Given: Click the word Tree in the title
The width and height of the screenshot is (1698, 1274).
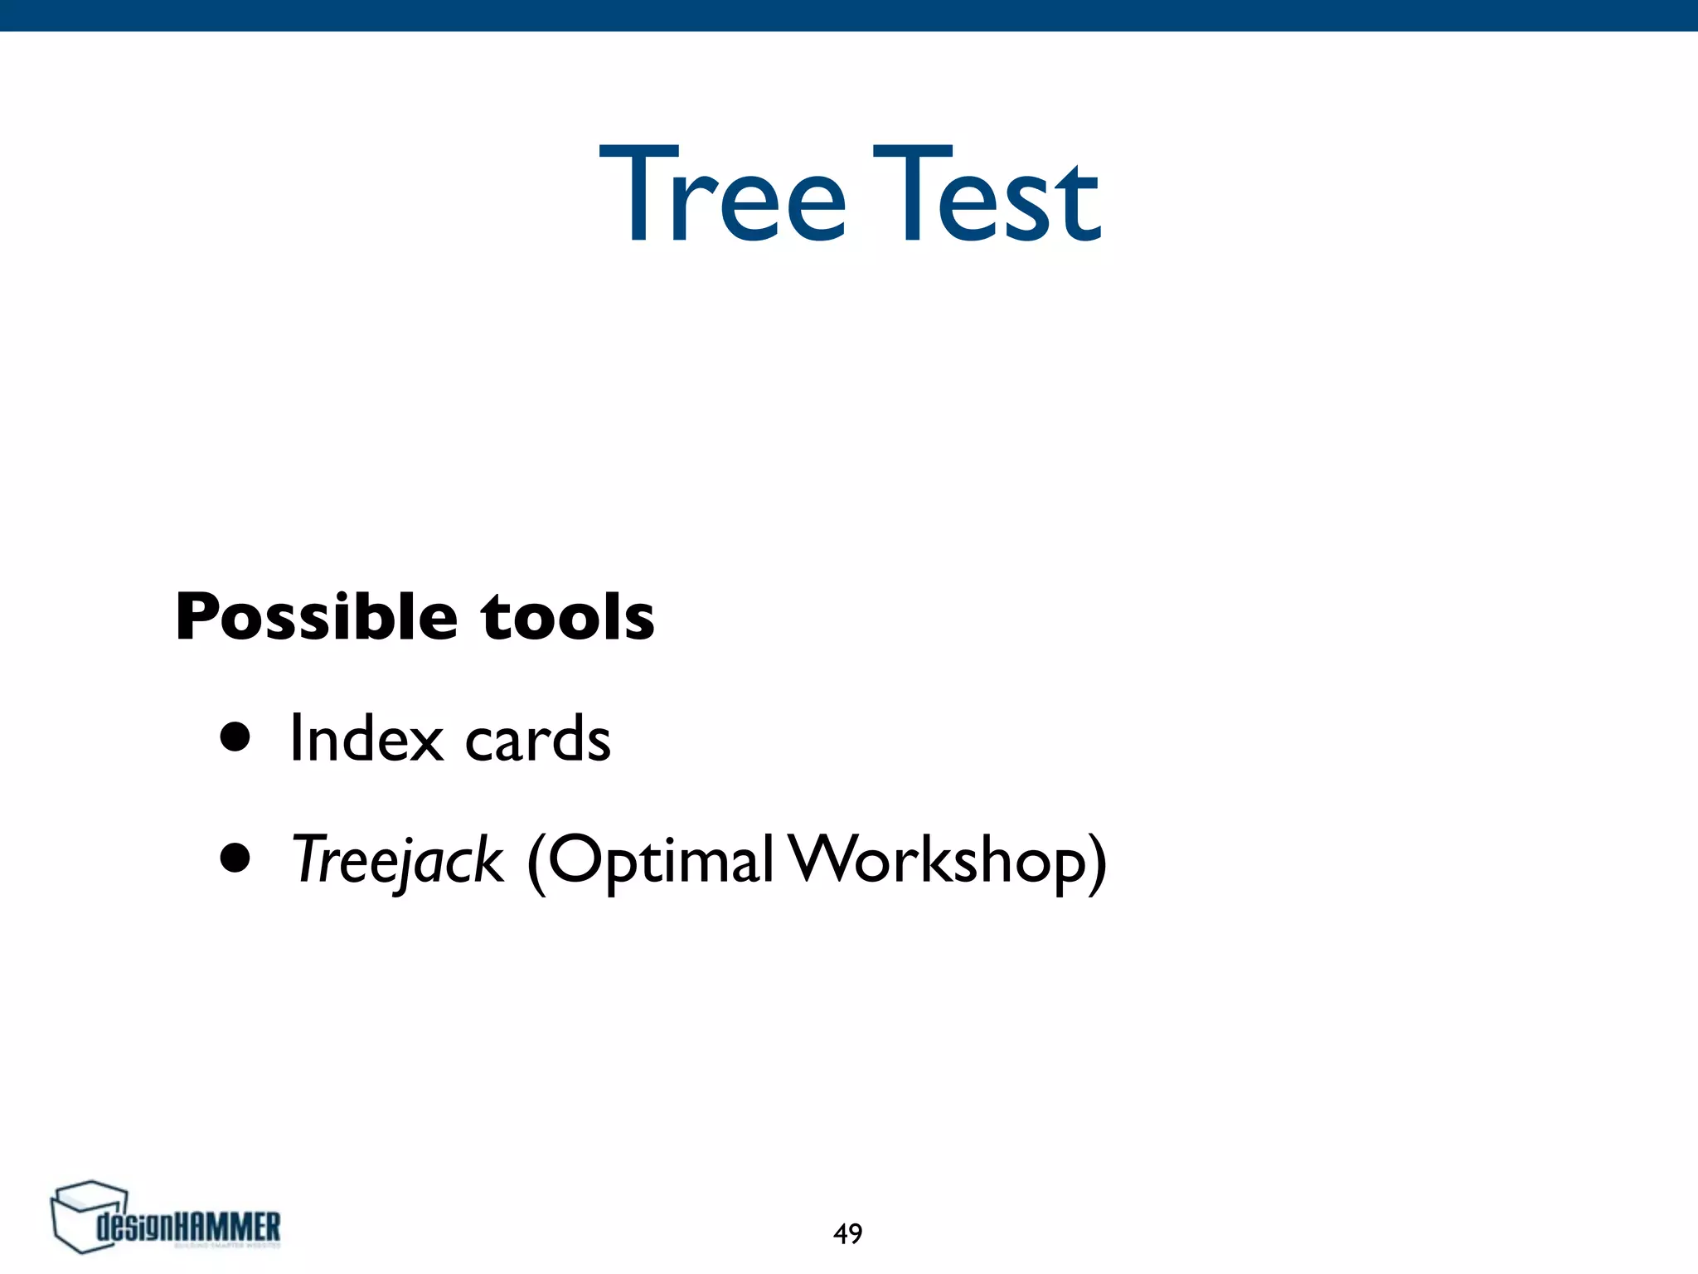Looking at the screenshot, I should [x=721, y=195].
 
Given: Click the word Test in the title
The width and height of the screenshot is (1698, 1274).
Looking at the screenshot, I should [x=987, y=195].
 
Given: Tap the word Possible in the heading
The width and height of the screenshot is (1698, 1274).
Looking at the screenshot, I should [x=316, y=618].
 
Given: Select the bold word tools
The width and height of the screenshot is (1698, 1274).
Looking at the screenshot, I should [x=568, y=618].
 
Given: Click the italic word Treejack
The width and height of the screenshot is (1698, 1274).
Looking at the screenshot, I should [x=397, y=861].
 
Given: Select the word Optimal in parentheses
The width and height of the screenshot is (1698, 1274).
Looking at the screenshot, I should [x=660, y=861].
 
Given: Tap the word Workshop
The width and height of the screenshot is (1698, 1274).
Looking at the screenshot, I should [x=937, y=859].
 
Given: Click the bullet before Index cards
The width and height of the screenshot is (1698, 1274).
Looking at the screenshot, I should [x=235, y=737].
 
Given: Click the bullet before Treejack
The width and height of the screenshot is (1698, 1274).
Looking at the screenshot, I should [x=235, y=859].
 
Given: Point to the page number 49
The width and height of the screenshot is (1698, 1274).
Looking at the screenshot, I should [x=847, y=1234].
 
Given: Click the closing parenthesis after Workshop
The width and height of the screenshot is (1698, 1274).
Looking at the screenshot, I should [x=1097, y=863].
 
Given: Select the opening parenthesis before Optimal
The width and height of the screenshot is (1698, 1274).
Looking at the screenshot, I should [x=536, y=863].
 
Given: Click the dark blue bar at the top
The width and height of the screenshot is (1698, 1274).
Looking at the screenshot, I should [x=849, y=15].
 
